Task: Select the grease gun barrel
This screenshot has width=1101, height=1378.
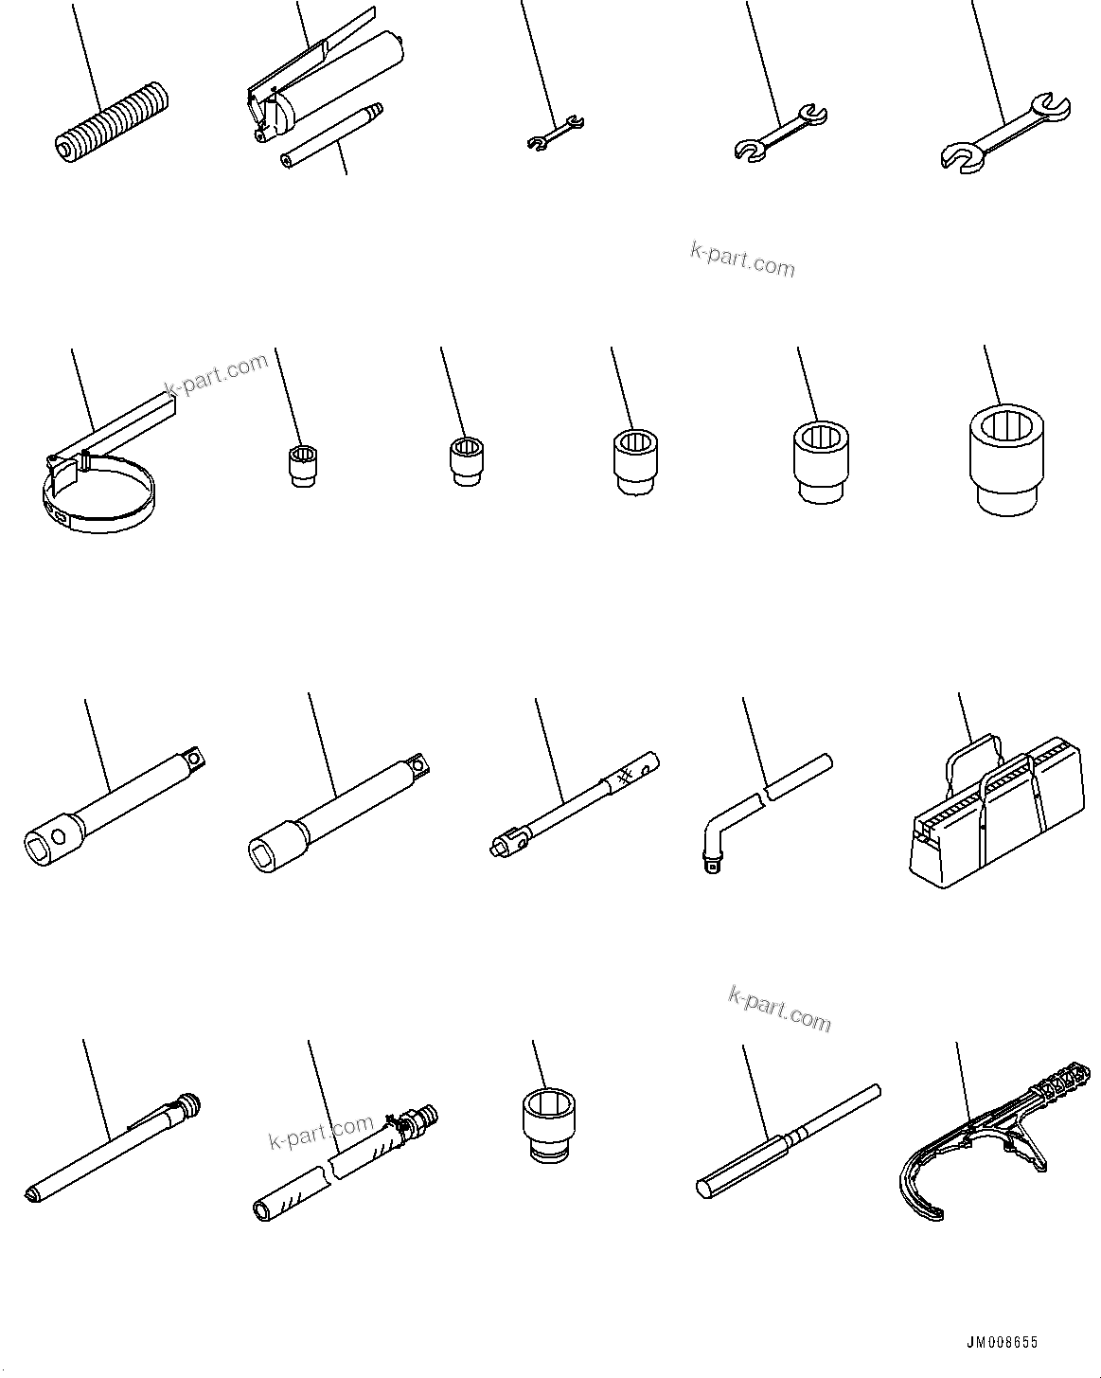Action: pos(350,70)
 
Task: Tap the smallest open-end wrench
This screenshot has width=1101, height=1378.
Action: pos(555,133)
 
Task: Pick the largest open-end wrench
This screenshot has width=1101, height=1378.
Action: pos(1007,133)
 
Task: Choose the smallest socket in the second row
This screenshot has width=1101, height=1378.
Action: pos(301,465)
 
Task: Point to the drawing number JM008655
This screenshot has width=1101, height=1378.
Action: pos(1002,1342)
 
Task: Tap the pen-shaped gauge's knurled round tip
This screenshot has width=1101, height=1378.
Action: pos(189,1104)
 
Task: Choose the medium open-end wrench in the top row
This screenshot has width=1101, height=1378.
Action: pos(780,133)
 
